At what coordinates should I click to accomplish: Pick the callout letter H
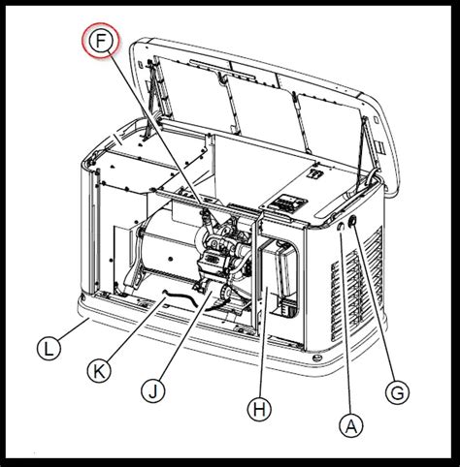[257, 410]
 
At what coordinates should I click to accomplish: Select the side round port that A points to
[342, 231]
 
